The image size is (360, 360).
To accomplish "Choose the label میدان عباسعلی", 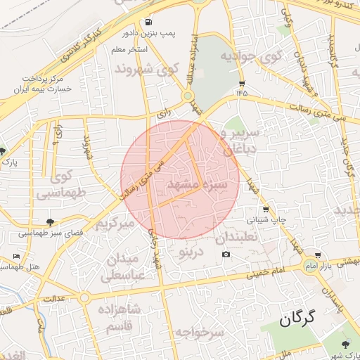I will [125, 268].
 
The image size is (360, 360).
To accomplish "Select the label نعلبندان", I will [239, 237].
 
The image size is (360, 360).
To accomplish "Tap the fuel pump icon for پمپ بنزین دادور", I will [148, 22].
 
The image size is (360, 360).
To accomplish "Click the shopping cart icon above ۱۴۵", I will [242, 82].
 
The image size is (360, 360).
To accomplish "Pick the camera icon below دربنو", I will [226, 255].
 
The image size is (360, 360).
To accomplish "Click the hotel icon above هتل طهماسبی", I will [17, 256].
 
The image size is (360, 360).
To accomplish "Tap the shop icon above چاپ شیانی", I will [265, 210].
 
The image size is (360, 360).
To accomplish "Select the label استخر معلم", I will [129, 50].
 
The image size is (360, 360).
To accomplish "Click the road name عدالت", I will [58, 298].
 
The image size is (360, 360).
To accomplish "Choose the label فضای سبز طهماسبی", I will [51, 232].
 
